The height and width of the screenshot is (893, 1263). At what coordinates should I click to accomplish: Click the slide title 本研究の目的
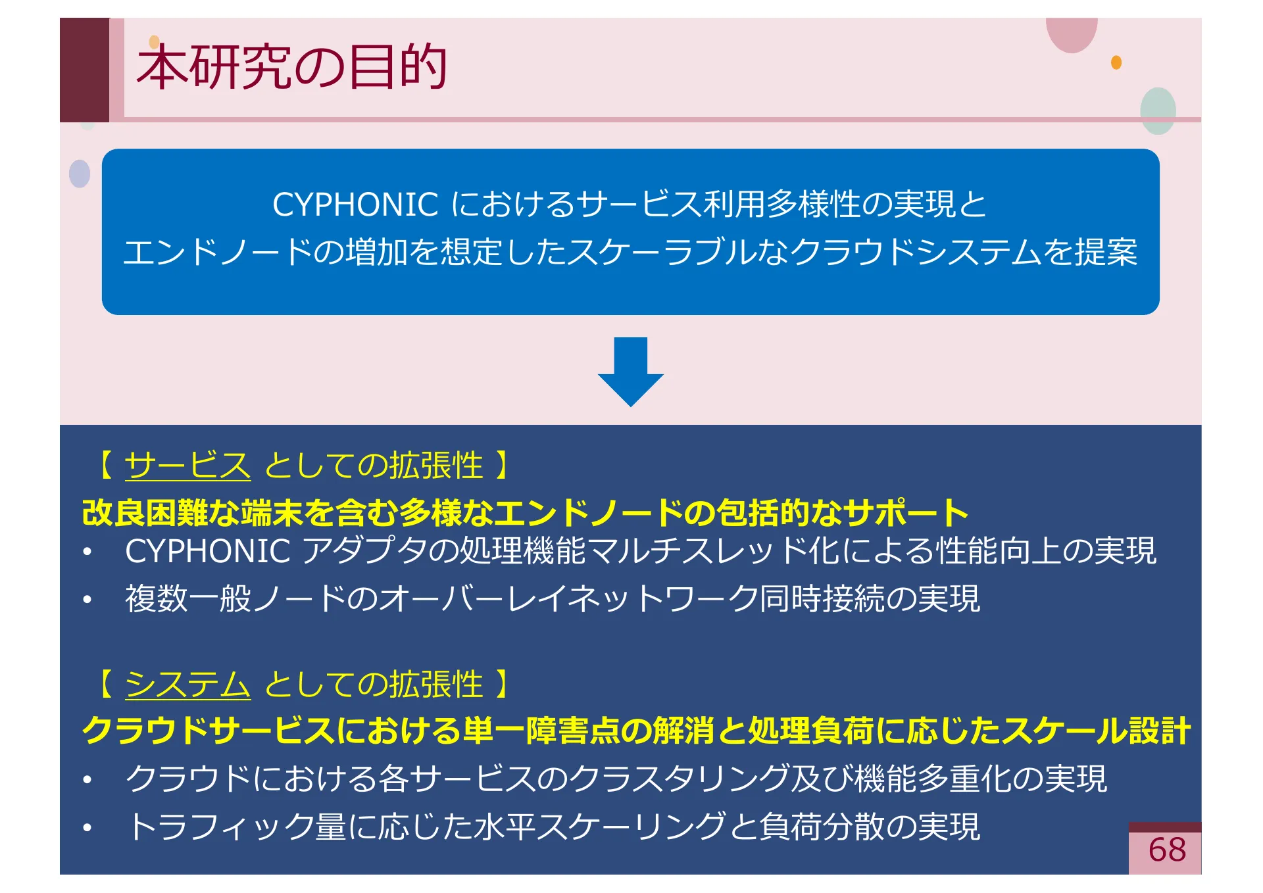point(291,67)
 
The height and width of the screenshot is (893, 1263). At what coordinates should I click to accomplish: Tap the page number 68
point(1166,850)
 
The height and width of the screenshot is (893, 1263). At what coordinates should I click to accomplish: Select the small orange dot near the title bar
point(1116,62)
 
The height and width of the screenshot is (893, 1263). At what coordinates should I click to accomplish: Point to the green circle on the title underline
point(1158,110)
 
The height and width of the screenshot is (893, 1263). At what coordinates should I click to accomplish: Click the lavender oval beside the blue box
point(80,174)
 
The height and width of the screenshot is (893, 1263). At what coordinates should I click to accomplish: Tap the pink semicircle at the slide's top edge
point(1072,33)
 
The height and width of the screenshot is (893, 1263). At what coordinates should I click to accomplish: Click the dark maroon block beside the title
point(84,69)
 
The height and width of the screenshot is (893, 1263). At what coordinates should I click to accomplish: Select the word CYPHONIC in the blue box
point(355,205)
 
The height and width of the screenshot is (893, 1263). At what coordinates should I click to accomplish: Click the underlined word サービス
point(187,466)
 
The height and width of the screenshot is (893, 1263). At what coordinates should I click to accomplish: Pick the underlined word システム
point(187,685)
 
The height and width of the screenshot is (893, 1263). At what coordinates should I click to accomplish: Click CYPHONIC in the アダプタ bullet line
point(208,551)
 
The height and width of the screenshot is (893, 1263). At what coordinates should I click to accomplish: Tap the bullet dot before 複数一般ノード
point(87,600)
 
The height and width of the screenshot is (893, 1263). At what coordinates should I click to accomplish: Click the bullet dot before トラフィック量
point(87,828)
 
